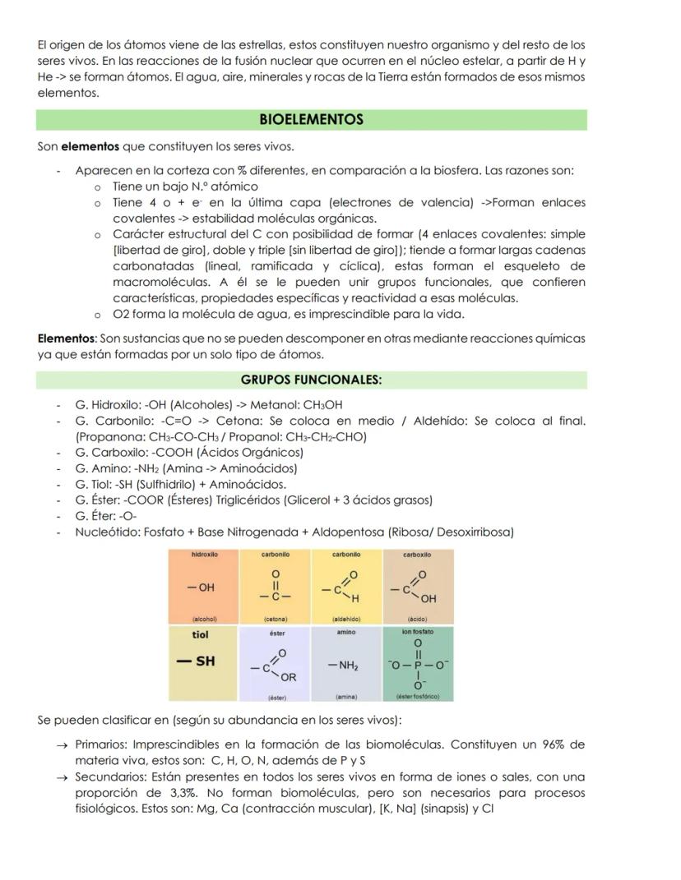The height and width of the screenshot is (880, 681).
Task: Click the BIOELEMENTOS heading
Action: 311,120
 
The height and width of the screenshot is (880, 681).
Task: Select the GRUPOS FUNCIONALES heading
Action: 311,380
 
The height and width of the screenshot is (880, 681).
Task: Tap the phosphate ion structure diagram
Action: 419,665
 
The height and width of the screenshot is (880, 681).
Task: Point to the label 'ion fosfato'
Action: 419,632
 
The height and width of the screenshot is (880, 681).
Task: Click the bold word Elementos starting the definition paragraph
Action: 67,339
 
